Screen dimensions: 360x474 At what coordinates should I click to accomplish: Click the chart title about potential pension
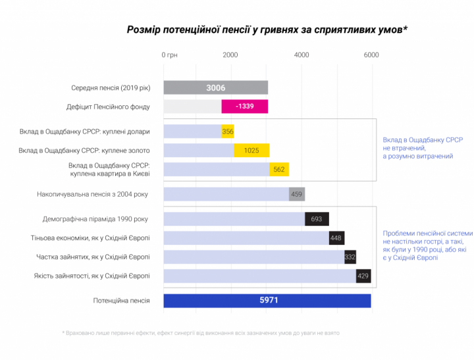point(267,30)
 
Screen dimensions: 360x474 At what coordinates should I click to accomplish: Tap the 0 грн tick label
point(169,55)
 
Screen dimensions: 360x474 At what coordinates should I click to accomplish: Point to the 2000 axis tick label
point(230,55)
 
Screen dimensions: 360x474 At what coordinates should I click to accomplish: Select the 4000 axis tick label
point(301,55)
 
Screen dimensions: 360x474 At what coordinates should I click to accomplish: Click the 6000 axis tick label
point(371,55)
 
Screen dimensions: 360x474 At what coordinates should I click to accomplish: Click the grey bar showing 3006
point(215,88)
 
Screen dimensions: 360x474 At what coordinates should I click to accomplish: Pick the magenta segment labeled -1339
point(244,107)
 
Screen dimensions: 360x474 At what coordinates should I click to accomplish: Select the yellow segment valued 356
point(228,132)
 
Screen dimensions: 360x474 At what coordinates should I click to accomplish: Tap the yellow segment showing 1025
point(251,151)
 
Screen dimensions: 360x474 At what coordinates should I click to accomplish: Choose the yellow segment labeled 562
point(278,169)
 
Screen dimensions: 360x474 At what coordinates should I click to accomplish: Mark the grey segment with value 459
point(296,194)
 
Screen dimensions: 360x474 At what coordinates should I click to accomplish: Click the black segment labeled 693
point(317,219)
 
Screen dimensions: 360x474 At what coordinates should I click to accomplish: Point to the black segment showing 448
point(336,238)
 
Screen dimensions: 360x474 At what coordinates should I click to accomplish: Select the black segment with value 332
point(350,257)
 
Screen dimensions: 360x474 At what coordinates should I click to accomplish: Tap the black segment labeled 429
point(363,276)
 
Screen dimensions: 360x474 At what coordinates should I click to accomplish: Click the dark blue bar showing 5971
point(267,301)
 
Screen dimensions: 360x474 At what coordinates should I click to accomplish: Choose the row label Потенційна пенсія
point(121,301)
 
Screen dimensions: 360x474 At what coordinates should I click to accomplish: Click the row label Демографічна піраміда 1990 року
point(95,219)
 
